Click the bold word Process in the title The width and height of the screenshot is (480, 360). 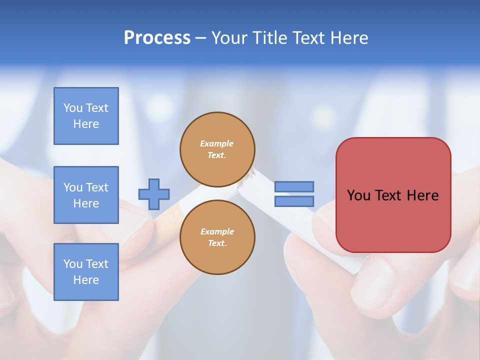coord(157,38)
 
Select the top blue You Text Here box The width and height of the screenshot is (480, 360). coord(86,116)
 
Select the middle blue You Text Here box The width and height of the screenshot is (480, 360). coord(86,195)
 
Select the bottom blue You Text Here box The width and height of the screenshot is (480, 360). coord(86,272)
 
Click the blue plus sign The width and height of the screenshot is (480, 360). coord(154,194)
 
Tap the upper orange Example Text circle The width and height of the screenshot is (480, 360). coord(217,149)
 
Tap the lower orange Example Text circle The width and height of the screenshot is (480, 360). coord(217,237)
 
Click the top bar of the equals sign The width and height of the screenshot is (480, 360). coord(294,187)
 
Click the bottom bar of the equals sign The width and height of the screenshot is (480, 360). coord(294,201)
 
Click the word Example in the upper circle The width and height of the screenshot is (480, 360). coord(217,143)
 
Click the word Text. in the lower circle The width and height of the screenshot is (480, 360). coord(217,243)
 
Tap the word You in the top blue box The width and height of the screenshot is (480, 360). coord(72,108)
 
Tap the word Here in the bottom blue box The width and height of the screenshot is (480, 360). coord(86,280)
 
